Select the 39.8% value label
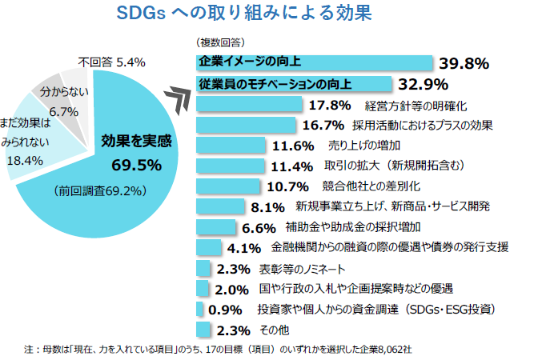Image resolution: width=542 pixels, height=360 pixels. pyautogui.click(x=464, y=62)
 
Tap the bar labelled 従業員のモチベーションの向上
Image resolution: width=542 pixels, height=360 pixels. pyautogui.click(x=292, y=83)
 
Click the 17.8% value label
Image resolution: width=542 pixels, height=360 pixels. pyautogui.click(x=330, y=104)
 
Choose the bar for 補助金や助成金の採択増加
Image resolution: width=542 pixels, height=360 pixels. pyautogui.click(x=215, y=227)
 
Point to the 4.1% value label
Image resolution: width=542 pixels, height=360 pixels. pyautogui.click(x=244, y=248)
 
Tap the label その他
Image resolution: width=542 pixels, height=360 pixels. pyautogui.click(x=274, y=330)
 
